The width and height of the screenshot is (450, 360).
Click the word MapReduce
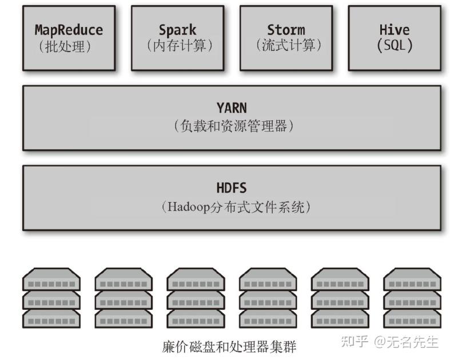(69, 30)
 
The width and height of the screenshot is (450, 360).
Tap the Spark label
(177, 30)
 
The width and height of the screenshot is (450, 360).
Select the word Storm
(286, 30)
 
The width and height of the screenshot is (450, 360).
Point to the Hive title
(395, 30)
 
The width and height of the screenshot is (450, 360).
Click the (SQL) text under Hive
(395, 46)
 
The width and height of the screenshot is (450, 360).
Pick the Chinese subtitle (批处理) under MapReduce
(69, 46)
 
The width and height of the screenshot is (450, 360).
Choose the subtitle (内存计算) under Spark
(177, 46)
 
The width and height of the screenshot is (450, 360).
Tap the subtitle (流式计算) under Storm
(286, 46)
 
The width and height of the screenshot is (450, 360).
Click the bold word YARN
(232, 108)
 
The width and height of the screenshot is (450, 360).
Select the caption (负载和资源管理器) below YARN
(232, 125)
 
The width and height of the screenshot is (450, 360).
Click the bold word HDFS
(232, 188)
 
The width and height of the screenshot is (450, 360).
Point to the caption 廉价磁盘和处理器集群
(229, 346)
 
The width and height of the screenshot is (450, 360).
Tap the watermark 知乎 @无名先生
(389, 342)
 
